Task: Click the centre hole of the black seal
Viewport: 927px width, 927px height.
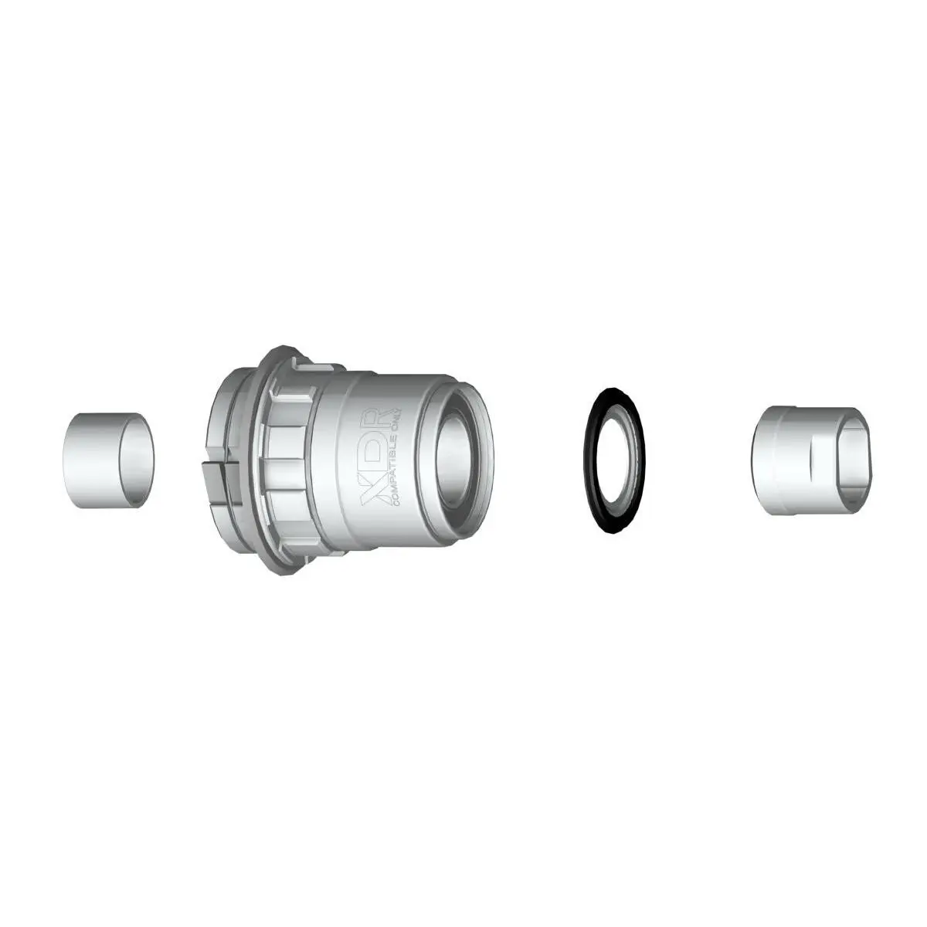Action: [614, 460]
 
